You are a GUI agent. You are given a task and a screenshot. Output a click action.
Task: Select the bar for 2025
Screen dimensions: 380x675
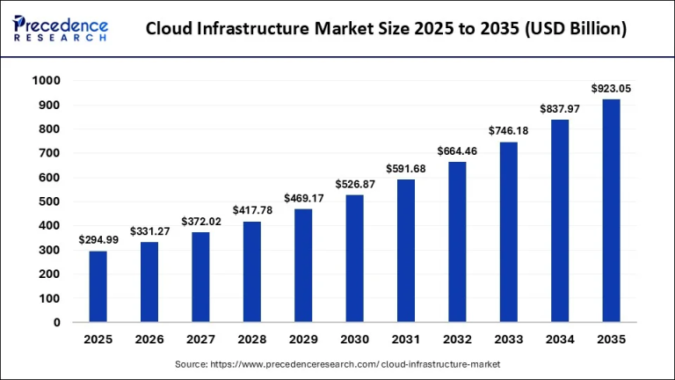click(x=98, y=287)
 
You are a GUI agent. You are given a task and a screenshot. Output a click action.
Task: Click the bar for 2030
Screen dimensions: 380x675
click(x=354, y=259)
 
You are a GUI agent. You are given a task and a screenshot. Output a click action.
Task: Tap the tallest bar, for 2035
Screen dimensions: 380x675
click(x=611, y=211)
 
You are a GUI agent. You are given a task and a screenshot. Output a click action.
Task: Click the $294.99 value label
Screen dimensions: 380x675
click(x=98, y=239)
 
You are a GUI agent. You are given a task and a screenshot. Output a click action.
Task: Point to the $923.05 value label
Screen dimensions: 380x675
click(x=611, y=88)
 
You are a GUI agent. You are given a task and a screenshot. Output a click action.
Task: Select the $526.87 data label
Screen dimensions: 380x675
click(x=354, y=184)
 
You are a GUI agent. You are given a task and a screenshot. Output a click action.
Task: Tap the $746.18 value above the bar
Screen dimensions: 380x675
click(x=508, y=130)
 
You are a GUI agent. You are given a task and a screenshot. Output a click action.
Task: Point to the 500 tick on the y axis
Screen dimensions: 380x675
click(x=49, y=201)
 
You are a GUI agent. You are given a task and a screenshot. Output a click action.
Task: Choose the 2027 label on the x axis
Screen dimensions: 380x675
click(x=200, y=339)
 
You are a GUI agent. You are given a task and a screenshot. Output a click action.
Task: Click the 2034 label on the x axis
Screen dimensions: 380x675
click(x=559, y=339)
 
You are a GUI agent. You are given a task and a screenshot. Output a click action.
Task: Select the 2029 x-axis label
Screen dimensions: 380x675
click(x=303, y=339)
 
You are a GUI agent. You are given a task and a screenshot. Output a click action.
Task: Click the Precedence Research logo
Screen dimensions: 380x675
click(x=61, y=29)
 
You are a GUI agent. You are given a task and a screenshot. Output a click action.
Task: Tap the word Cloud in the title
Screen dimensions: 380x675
click(x=171, y=29)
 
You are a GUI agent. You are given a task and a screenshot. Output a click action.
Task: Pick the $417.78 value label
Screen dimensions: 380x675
click(x=251, y=210)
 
